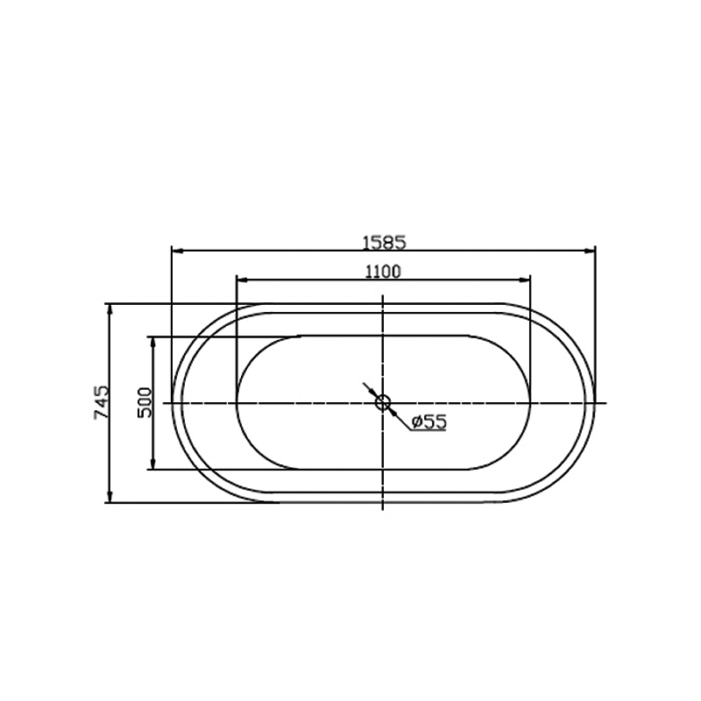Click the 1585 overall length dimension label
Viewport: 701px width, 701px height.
coord(384,243)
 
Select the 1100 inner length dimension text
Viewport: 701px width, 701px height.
coord(383,272)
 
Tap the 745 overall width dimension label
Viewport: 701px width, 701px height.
coord(102,402)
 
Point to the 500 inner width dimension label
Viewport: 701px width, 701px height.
coord(145,402)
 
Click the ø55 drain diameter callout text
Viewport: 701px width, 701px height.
coord(428,421)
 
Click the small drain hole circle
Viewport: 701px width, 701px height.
coord(383,403)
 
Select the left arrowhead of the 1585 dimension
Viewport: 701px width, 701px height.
coord(178,251)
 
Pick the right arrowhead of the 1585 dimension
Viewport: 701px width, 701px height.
coord(590,251)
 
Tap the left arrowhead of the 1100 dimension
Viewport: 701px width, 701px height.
coord(243,280)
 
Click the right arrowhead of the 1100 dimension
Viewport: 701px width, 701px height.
coord(524,280)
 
